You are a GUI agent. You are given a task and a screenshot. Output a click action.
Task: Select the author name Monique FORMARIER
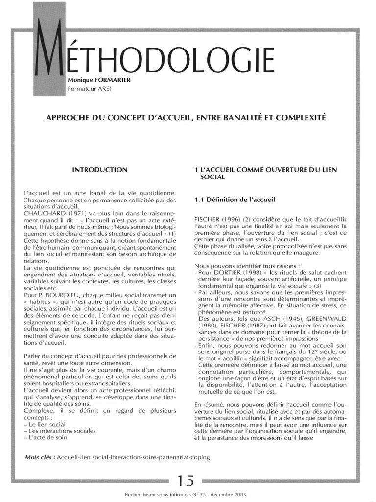pyautogui.click(x=99, y=80)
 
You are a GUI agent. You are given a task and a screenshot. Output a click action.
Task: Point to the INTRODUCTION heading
pyautogui.click(x=100, y=169)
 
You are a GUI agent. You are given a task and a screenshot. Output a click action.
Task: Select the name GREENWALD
pyautogui.click(x=323, y=325)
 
